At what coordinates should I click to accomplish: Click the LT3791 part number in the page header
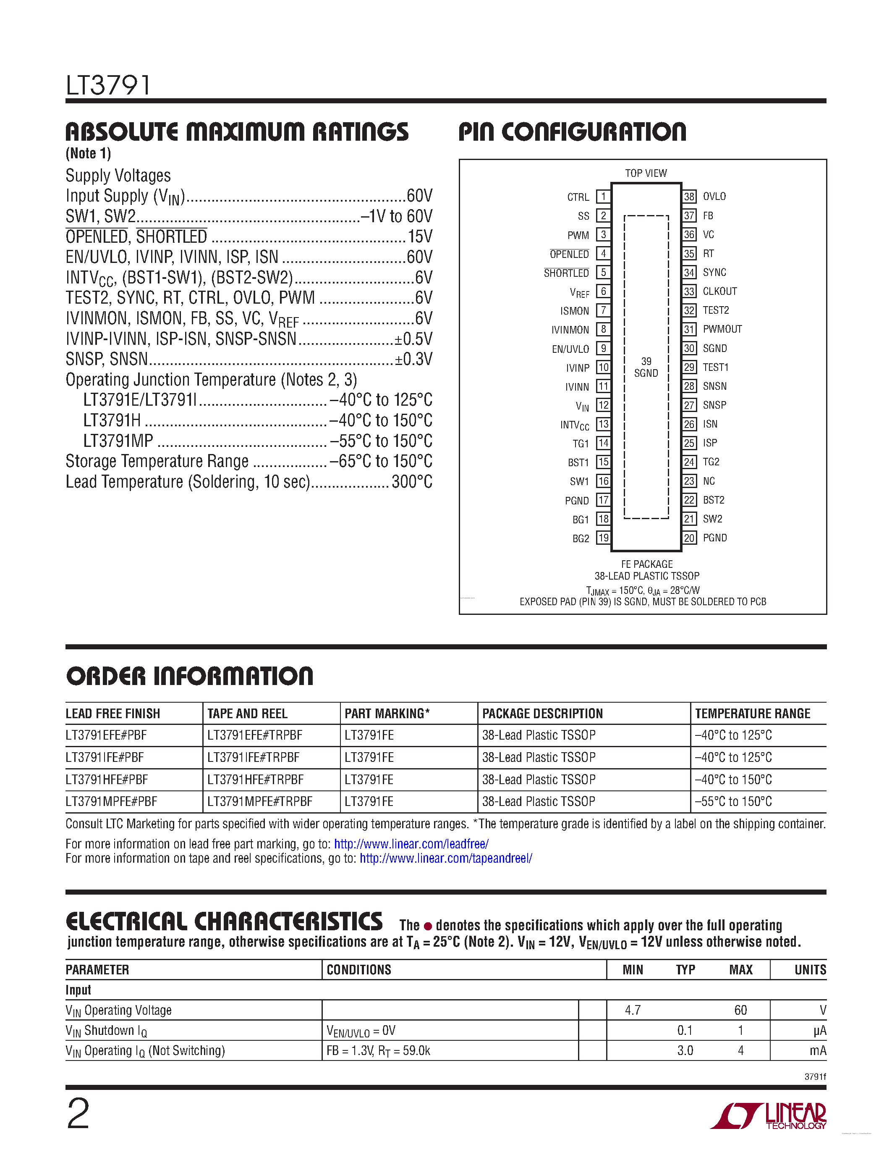coord(108,85)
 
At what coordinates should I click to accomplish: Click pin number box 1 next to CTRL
coord(603,197)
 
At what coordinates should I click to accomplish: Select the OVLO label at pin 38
coord(714,196)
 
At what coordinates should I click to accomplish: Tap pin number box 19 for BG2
coord(603,538)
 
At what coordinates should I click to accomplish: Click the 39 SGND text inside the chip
coord(646,367)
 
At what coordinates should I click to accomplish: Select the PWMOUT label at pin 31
coord(722,329)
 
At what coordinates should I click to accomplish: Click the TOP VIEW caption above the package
coord(646,173)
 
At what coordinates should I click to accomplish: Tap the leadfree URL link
coord(411,843)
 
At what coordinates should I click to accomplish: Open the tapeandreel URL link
coord(445,858)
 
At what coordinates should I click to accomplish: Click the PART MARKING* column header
coord(387,714)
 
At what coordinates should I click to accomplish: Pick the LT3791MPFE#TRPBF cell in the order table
coord(259,801)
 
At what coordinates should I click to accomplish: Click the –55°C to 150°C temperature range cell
coord(733,801)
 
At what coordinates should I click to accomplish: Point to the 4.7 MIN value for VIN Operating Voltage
coord(633,1010)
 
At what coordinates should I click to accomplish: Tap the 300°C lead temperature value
coord(412,482)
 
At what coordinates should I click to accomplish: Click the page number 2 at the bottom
coord(78,1114)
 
